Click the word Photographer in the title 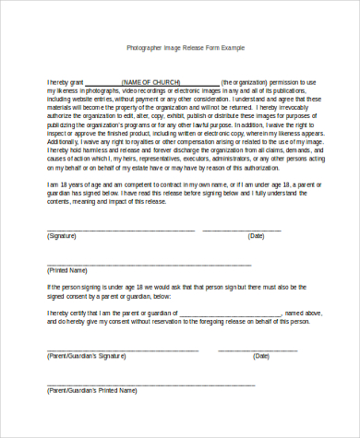144,45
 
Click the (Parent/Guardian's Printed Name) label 90,390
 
